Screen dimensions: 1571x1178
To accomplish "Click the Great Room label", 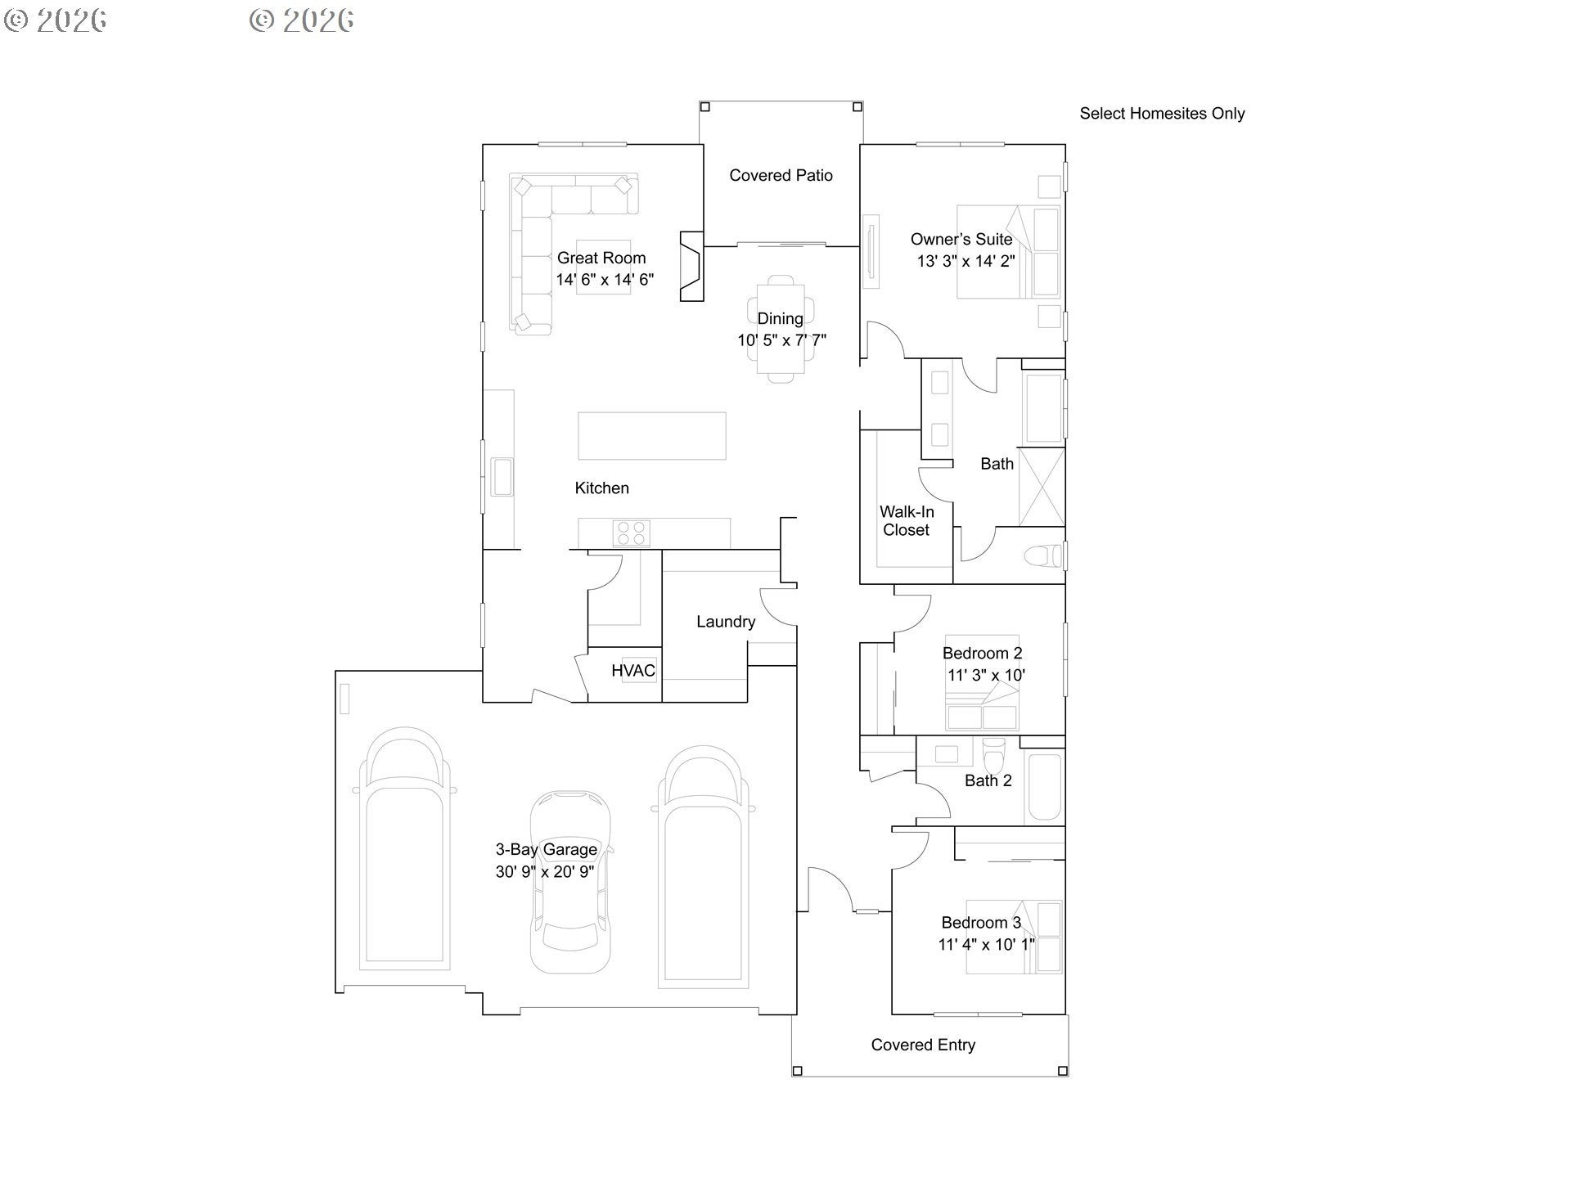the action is click(601, 258).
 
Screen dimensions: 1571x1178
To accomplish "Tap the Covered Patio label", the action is click(781, 175).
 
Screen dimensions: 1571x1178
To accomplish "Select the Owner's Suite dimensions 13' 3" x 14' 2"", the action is click(966, 261).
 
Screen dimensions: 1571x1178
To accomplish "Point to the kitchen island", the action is click(651, 436).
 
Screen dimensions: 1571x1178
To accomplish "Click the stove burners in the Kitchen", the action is click(632, 533).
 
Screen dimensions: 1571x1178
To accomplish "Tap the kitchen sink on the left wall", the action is click(502, 477).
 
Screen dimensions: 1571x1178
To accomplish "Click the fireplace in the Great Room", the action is click(691, 266).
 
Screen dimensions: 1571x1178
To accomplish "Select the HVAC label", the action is click(633, 671).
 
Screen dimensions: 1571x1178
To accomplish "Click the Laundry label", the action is click(726, 622).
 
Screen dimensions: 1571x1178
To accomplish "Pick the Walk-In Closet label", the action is click(907, 520).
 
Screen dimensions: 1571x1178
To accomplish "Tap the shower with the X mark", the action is click(1042, 487).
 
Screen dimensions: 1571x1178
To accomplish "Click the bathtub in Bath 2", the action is click(1044, 786).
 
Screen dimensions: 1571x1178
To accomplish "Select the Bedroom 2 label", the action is click(982, 653).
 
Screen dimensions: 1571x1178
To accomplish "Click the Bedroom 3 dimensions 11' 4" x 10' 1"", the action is click(986, 944).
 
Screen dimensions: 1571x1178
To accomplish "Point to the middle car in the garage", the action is click(570, 881).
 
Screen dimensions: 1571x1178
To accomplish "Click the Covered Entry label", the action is click(923, 1045).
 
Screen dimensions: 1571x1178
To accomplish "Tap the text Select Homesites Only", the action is click(1162, 114).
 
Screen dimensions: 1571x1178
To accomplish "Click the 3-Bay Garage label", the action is click(546, 849).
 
